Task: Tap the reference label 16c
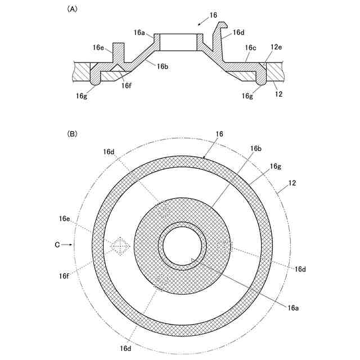pos(250,49)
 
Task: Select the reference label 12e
pos(277,49)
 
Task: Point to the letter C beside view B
pos(57,245)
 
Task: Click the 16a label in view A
pos(139,33)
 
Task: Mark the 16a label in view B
pos(293,307)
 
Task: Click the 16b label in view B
pos(256,148)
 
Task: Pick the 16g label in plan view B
pos(275,166)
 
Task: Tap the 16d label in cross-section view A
pos(238,33)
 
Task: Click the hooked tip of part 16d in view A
pos(224,25)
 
